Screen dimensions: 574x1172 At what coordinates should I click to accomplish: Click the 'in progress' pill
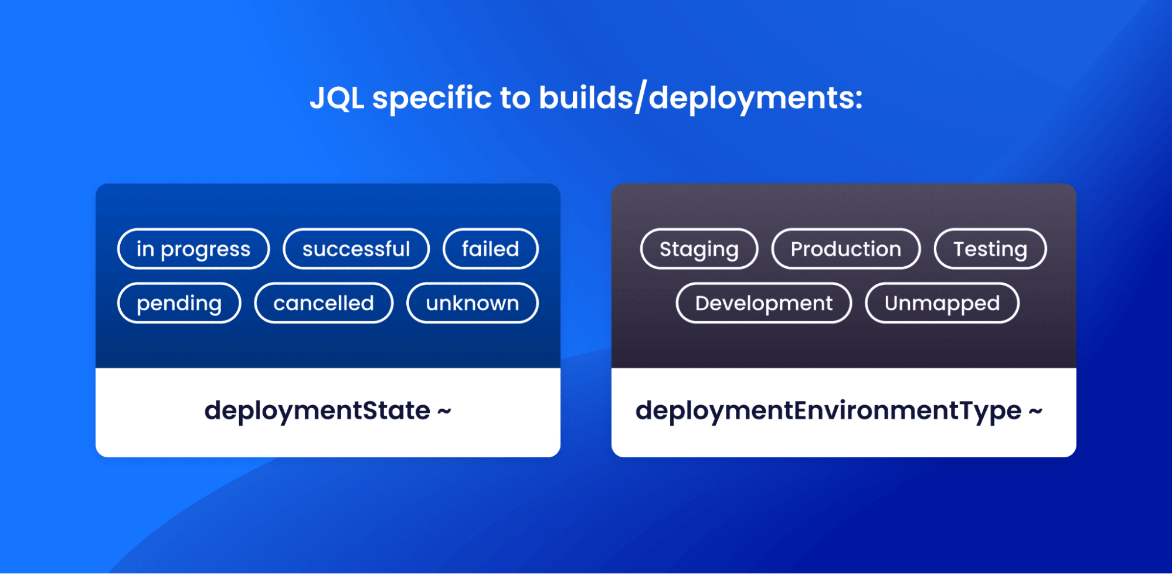(x=193, y=249)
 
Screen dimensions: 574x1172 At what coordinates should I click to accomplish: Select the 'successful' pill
(x=356, y=249)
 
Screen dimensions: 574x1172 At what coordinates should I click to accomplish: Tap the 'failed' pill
(x=490, y=249)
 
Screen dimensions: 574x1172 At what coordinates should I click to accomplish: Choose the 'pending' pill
(x=179, y=303)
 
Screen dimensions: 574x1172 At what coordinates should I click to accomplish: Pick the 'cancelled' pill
(x=323, y=303)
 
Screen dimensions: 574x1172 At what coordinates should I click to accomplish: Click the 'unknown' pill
(x=472, y=303)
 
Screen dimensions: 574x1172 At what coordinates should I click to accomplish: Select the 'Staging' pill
(x=699, y=249)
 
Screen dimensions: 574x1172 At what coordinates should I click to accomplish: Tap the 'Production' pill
(x=845, y=249)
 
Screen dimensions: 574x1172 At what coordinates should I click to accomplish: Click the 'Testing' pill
(x=990, y=249)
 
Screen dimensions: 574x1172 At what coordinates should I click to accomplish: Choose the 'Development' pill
(x=763, y=303)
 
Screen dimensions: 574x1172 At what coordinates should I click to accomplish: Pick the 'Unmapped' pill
(x=942, y=303)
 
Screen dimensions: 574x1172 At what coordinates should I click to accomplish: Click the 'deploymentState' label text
(x=317, y=410)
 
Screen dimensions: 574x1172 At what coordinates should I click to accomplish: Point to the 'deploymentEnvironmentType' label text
(x=828, y=410)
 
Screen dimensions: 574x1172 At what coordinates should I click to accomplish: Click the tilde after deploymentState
(x=444, y=411)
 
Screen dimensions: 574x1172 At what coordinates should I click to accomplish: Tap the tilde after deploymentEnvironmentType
(x=1035, y=411)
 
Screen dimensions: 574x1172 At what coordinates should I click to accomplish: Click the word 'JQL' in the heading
(x=337, y=97)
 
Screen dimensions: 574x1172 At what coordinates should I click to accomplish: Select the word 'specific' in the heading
(x=432, y=97)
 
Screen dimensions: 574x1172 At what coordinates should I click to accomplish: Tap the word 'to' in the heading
(x=515, y=97)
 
